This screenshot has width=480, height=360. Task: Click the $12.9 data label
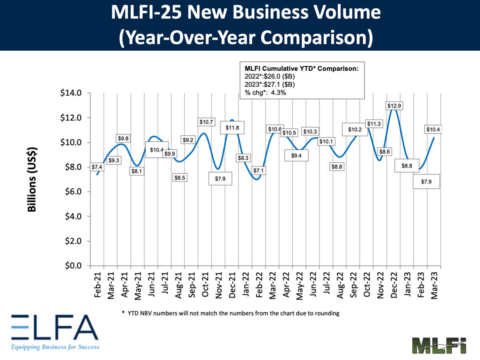point(394,106)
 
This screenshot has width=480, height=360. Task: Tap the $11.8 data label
point(232,128)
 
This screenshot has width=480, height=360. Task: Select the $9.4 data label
point(296,156)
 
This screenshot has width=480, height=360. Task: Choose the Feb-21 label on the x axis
point(97,287)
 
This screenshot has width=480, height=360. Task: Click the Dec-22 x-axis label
point(394,287)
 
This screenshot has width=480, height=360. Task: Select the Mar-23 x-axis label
point(434,287)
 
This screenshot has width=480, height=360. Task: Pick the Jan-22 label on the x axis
point(246,287)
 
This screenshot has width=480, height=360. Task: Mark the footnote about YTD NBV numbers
point(230,314)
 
